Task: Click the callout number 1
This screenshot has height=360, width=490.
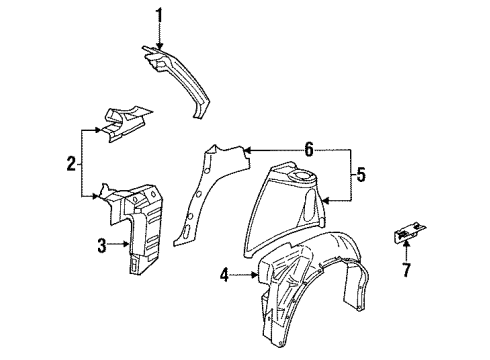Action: coord(156,14)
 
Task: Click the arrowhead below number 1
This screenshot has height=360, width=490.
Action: coord(156,44)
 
